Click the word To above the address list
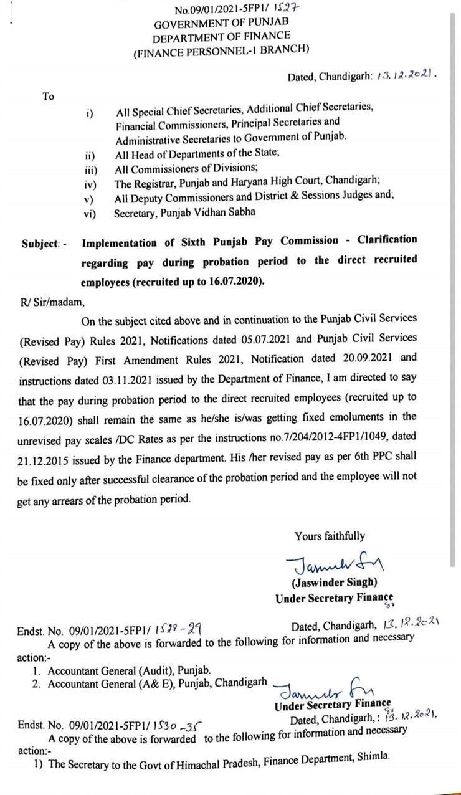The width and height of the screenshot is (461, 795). [x=48, y=97]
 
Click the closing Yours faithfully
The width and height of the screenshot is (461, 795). [x=330, y=536]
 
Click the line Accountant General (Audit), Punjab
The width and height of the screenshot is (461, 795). [x=130, y=671]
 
